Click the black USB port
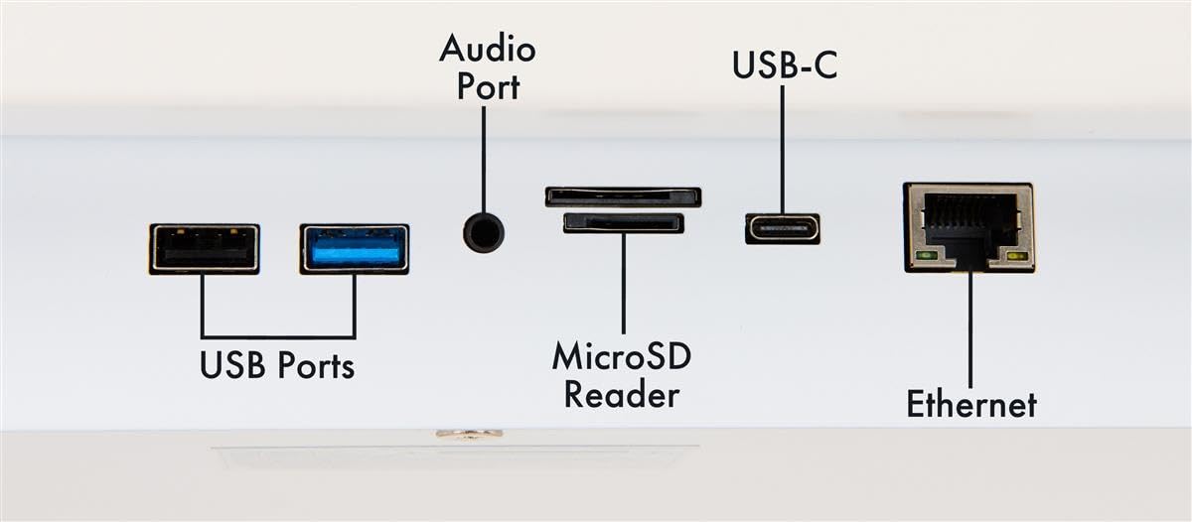pyautogui.click(x=205, y=248)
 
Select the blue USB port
pyautogui.click(x=355, y=248)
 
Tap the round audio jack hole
pyautogui.click(x=484, y=233)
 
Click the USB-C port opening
pyautogui.click(x=783, y=229)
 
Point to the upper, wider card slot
pyautogui.click(x=623, y=196)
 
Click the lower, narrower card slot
pyautogui.click(x=623, y=223)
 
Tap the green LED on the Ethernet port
pyautogui.click(x=926, y=256)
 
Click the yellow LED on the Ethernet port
pyautogui.click(x=1015, y=257)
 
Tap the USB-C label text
pyautogui.click(x=783, y=65)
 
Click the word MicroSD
pyautogui.click(x=622, y=355)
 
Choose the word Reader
pyautogui.click(x=622, y=394)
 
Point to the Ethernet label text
pyautogui.click(x=970, y=404)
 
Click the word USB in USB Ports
pyautogui.click(x=232, y=366)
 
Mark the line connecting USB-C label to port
pyautogui.click(x=783, y=149)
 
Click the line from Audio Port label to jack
pyautogui.click(x=484, y=159)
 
